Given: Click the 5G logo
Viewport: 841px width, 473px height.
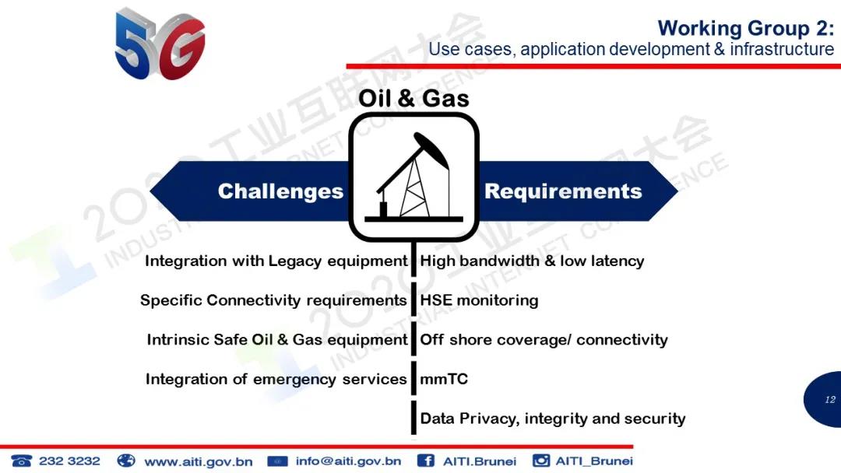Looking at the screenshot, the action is click(x=160, y=43).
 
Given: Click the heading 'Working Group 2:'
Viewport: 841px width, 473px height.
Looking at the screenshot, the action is click(x=745, y=28).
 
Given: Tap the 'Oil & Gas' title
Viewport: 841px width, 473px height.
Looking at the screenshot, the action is click(x=413, y=99).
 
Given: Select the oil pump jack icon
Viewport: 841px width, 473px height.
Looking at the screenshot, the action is click(x=413, y=177).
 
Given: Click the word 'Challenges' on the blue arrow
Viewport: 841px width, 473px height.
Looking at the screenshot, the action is click(x=280, y=191).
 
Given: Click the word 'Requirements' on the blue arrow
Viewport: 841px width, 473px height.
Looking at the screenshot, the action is click(x=563, y=191).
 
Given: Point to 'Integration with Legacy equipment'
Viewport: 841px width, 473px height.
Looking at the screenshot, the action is click(x=276, y=261).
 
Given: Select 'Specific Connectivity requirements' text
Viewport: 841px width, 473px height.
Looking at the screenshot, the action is click(x=273, y=300).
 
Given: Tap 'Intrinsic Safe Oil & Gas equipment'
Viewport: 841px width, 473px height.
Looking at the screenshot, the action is click(x=277, y=340).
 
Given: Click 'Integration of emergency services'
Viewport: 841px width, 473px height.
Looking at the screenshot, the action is click(x=276, y=380).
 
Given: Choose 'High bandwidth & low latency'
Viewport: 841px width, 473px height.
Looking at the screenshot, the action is click(x=532, y=261).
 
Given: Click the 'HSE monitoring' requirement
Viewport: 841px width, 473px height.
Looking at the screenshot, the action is click(x=479, y=300).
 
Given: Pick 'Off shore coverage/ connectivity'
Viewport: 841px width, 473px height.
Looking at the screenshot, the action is click(x=544, y=340).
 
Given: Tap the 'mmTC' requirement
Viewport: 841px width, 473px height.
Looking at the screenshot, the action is click(x=444, y=380).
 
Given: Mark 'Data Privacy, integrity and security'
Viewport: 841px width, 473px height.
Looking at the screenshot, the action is click(x=553, y=419).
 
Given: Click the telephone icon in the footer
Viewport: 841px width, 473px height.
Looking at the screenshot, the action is click(x=22, y=461).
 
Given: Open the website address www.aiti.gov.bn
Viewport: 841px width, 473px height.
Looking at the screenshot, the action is click(x=199, y=461).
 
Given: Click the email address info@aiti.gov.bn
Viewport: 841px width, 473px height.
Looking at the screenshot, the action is click(x=349, y=461).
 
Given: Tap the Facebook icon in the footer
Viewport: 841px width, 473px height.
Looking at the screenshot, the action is click(x=426, y=461).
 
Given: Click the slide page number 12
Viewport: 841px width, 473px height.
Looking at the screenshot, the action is click(x=830, y=400).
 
